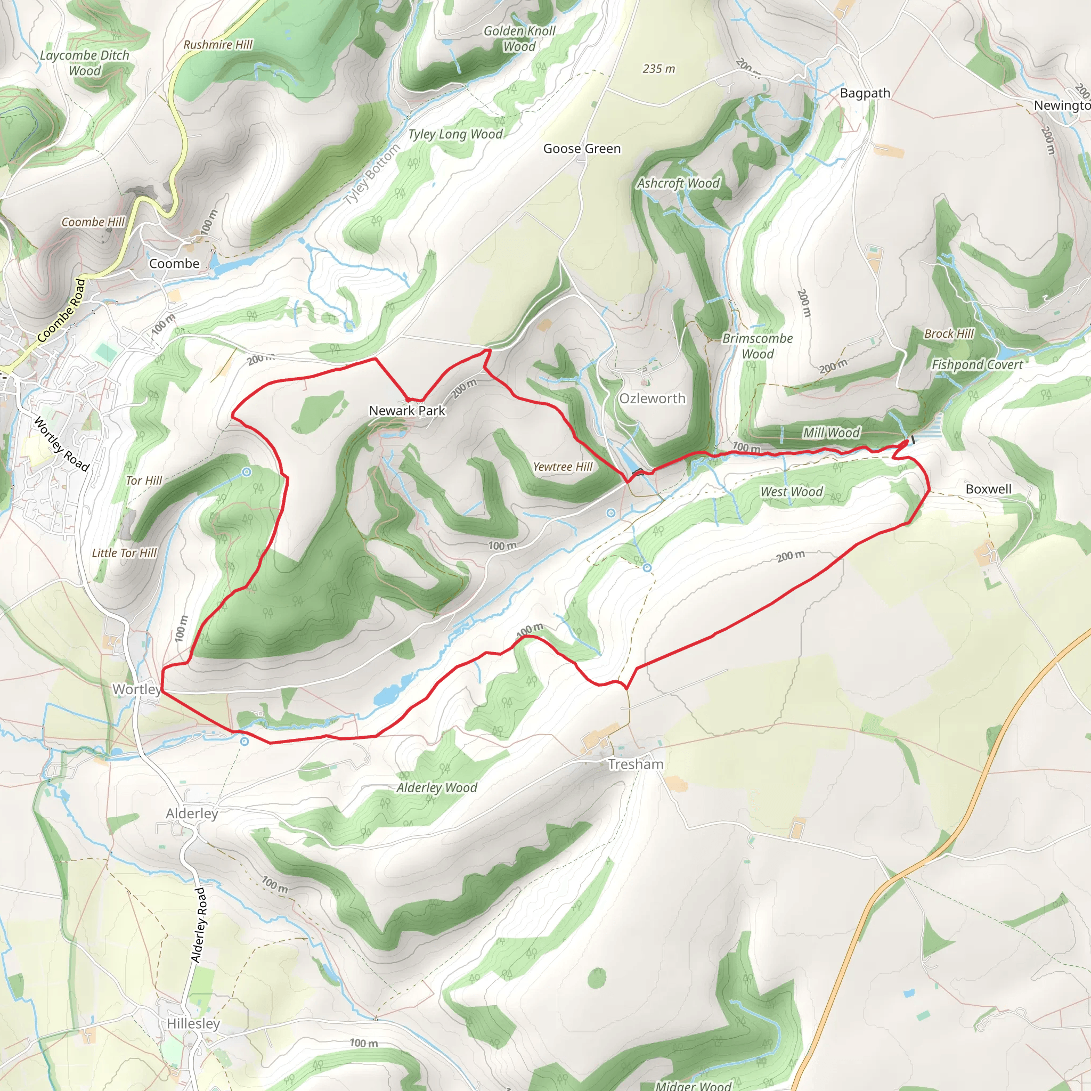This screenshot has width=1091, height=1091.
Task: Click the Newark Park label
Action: tap(406, 411)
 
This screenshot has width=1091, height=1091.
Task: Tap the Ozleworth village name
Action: tap(652, 398)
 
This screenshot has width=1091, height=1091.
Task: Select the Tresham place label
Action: tap(636, 764)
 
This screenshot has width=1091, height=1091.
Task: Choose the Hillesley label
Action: tap(193, 1023)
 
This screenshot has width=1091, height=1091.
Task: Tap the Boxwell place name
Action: tap(988, 489)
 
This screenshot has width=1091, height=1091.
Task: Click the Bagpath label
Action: tap(865, 93)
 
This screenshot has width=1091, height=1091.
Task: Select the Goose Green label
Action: tap(582, 149)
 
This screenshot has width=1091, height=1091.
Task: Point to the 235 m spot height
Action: tap(658, 69)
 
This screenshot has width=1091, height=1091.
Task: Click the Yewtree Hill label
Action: tap(563, 467)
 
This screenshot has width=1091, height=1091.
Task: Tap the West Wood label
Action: tap(791, 491)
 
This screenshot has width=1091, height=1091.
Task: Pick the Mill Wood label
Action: tap(831, 433)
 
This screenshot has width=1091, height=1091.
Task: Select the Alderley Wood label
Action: tap(436, 788)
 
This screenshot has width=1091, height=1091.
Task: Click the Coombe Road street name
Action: tap(62, 311)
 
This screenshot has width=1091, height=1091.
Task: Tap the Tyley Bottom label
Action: tap(372, 174)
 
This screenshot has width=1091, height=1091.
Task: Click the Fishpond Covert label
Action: tap(976, 365)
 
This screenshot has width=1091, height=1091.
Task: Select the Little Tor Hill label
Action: tap(124, 553)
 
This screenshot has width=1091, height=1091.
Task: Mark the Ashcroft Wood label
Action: tap(678, 184)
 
